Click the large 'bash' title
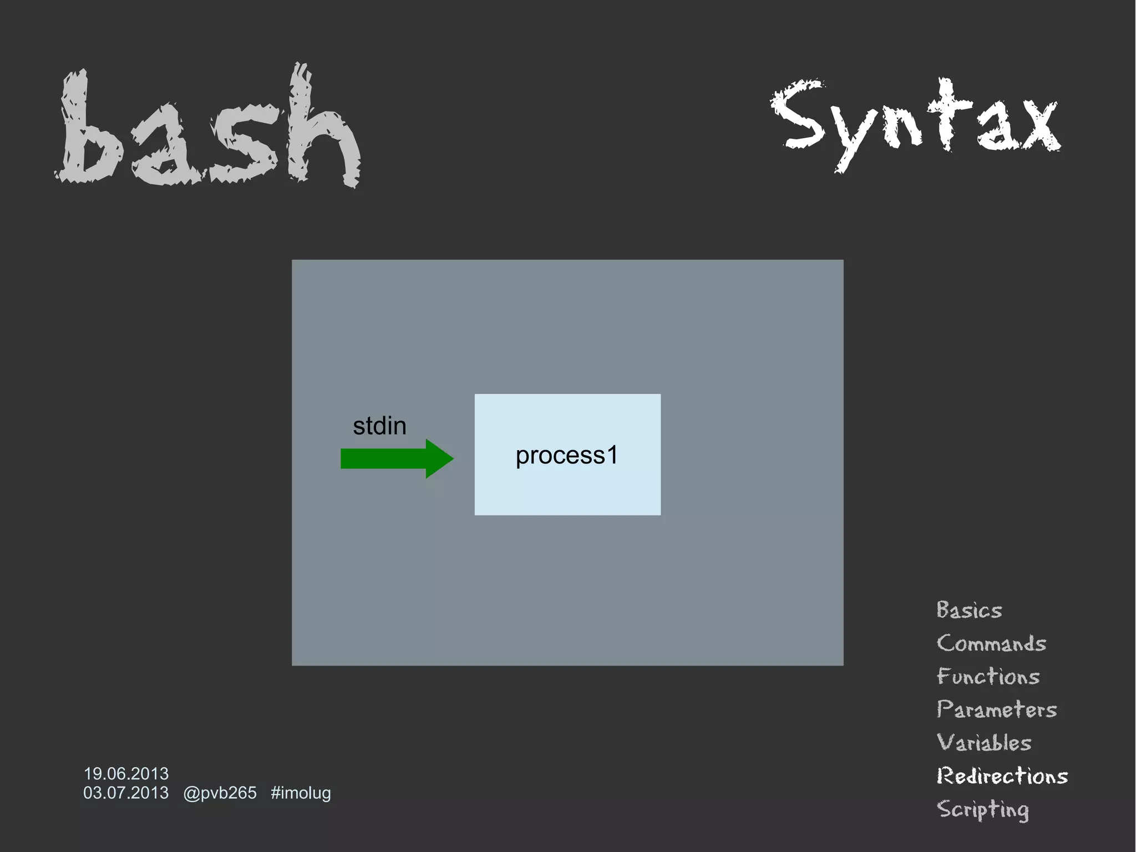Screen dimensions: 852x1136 coord(208,130)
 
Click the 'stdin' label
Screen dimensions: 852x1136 coord(379,426)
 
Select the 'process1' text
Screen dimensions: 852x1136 coord(566,456)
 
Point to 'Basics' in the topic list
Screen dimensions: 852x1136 coord(969,610)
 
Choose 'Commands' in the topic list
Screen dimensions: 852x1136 coord(991,643)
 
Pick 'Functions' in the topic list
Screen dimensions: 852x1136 coord(988,677)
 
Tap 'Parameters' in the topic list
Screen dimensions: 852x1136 coord(996,709)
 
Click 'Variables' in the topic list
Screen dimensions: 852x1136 coord(984,743)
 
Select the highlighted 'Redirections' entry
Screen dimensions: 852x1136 coord(1002,776)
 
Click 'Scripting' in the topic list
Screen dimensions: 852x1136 coord(983,810)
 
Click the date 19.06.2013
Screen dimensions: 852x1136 coord(126,774)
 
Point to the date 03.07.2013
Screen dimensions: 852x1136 coord(126,793)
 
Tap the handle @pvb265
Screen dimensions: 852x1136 coord(220,793)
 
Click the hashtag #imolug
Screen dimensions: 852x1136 coord(301,793)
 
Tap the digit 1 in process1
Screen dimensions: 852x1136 coord(612,455)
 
